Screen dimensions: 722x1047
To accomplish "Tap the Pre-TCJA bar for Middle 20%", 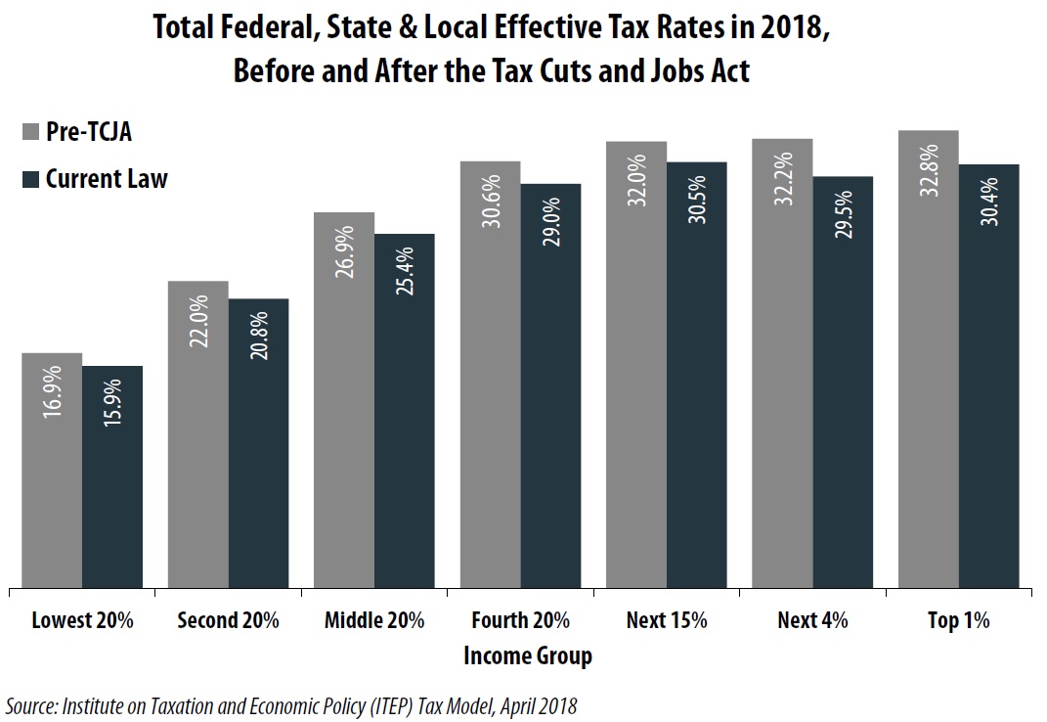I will click(x=344, y=401).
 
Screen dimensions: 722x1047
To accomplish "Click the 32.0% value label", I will click(x=637, y=177).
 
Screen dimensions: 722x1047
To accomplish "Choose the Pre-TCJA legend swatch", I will click(x=31, y=132).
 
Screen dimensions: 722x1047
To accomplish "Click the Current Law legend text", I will click(x=107, y=179).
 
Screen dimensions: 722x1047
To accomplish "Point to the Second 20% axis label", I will click(x=229, y=620).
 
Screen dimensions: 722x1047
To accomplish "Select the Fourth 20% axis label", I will click(x=520, y=620).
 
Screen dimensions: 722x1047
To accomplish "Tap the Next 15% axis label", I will click(x=666, y=620).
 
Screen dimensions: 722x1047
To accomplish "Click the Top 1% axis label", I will click(x=958, y=620).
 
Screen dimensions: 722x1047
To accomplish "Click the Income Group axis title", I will click(x=527, y=655).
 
